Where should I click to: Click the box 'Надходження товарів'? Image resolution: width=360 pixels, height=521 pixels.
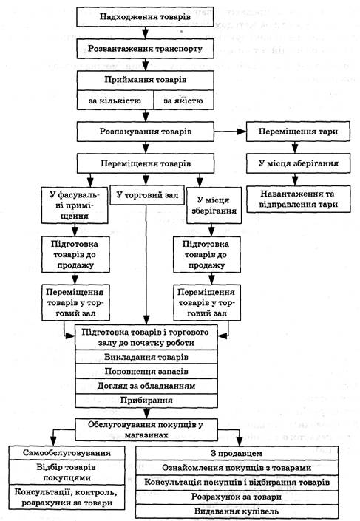pos(146,16)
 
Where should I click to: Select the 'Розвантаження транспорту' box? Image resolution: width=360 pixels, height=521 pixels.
pos(146,49)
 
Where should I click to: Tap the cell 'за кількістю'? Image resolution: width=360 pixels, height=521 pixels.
pos(115,100)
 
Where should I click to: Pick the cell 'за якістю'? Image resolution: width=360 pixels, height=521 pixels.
pos(183,100)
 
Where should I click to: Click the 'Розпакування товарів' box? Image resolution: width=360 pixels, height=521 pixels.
pos(146,132)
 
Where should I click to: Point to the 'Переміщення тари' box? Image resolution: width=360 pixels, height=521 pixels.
pos(298,132)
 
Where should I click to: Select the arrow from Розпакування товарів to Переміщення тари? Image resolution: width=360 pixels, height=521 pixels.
pos(230,132)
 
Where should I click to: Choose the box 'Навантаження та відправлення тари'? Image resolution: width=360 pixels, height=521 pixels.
pos(298,199)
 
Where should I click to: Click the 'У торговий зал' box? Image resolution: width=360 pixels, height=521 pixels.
pos(147,195)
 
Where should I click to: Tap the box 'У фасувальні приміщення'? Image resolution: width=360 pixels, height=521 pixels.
pos(75,205)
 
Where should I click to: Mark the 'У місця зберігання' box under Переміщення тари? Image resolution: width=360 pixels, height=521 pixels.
pos(298,163)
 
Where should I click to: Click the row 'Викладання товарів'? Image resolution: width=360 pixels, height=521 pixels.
pos(146,357)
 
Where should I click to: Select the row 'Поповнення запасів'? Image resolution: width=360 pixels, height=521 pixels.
pos(146,372)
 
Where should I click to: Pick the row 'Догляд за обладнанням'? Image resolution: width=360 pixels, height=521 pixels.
pos(146,386)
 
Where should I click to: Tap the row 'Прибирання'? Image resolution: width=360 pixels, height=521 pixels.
pos(146,401)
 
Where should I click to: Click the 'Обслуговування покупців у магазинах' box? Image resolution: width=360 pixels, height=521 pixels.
pos(146,429)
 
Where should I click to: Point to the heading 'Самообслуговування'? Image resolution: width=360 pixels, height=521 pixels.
pos(67,453)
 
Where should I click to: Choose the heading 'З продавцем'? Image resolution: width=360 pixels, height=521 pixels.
pos(237,453)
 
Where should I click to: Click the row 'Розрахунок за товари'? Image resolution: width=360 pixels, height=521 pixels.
pos(237,497)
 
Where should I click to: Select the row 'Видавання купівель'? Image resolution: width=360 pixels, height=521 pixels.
pos(237,511)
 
